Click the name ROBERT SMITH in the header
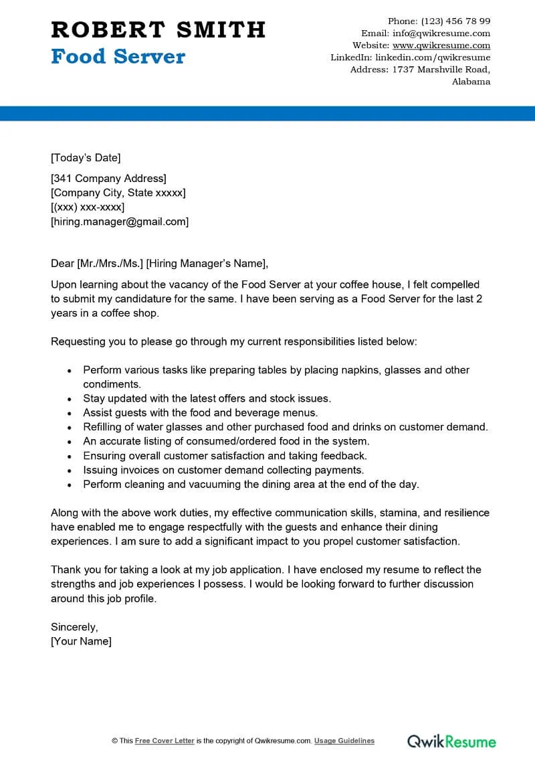click(158, 29)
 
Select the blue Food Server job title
click(118, 57)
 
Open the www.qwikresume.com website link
click(441, 46)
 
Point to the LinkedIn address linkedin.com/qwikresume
click(432, 58)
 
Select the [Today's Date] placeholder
click(86, 158)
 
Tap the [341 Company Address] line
click(108, 178)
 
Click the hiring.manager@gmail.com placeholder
click(120, 221)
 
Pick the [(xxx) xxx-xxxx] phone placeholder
click(88, 207)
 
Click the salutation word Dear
click(62, 262)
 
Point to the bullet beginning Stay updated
click(207, 398)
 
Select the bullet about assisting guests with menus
click(200, 412)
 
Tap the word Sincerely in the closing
click(74, 627)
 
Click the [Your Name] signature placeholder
click(81, 641)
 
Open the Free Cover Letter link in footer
click(165, 741)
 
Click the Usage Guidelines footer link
click(344, 741)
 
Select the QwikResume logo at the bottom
click(452, 741)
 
